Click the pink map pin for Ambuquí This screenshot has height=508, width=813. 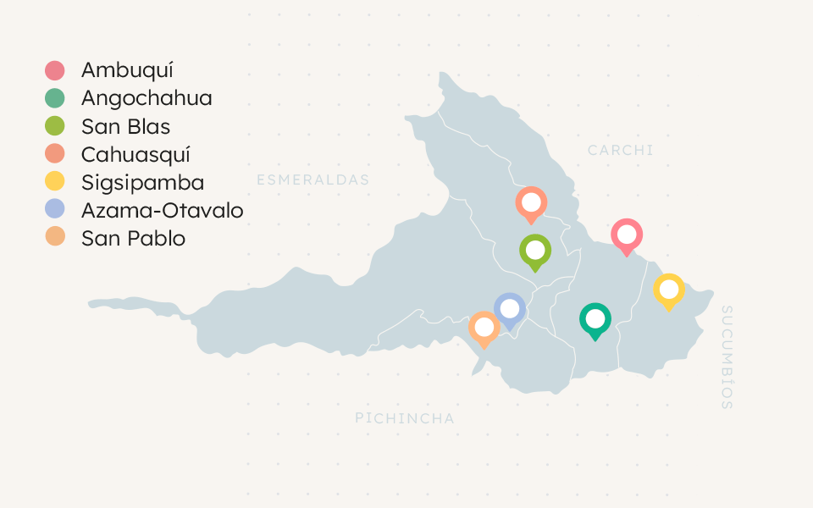[x=627, y=235]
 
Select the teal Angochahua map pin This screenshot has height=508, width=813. [x=595, y=319]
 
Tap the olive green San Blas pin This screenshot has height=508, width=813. [x=535, y=251]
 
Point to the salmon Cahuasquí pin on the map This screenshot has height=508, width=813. [x=531, y=203]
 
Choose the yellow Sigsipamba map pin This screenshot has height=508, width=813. [x=669, y=290]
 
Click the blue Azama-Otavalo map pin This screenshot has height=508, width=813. [x=510, y=309]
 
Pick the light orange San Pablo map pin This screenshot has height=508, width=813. [x=484, y=327]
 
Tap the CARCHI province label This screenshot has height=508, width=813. [x=621, y=150]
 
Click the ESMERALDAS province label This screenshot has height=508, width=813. [x=313, y=179]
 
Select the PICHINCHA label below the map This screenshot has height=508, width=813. [x=405, y=418]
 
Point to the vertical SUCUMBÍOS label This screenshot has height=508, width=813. [x=727, y=358]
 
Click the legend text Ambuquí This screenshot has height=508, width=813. [x=127, y=70]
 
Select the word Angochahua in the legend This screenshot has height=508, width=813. [x=147, y=98]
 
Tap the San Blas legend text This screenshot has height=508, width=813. [x=125, y=126]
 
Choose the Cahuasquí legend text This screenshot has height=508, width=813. [x=135, y=154]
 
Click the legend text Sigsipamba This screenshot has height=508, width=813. [x=142, y=182]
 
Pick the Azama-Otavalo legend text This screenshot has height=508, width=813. [x=162, y=210]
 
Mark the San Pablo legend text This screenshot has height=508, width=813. [x=133, y=238]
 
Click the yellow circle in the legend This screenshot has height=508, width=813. [x=55, y=182]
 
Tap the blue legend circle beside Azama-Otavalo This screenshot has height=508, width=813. [x=55, y=210]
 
